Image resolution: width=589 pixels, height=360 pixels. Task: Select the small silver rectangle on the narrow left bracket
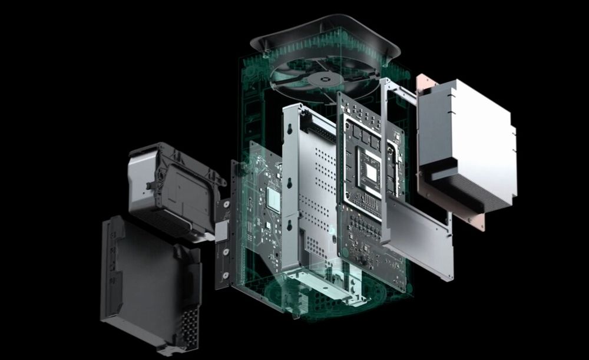[222, 232]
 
